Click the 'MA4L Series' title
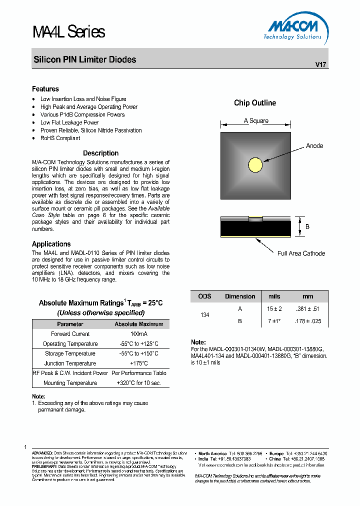tap(69, 32)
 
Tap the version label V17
tap(320, 64)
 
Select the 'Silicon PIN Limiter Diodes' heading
tap(84, 59)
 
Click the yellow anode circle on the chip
tap(255, 164)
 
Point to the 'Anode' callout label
tap(314, 146)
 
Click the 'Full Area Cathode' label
tap(301, 253)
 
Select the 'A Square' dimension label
tap(256, 120)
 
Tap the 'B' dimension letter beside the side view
tap(307, 226)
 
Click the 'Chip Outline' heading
tap(255, 103)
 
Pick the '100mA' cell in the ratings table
tap(139, 334)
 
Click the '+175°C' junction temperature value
tap(139, 363)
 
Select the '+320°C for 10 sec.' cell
tap(139, 383)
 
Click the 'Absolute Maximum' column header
tap(139, 324)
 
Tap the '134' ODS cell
tap(204, 315)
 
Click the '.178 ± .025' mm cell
tap(308, 321)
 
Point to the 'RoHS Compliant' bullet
tap(60, 138)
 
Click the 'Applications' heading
tap(51, 244)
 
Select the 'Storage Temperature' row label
tap(70, 353)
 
